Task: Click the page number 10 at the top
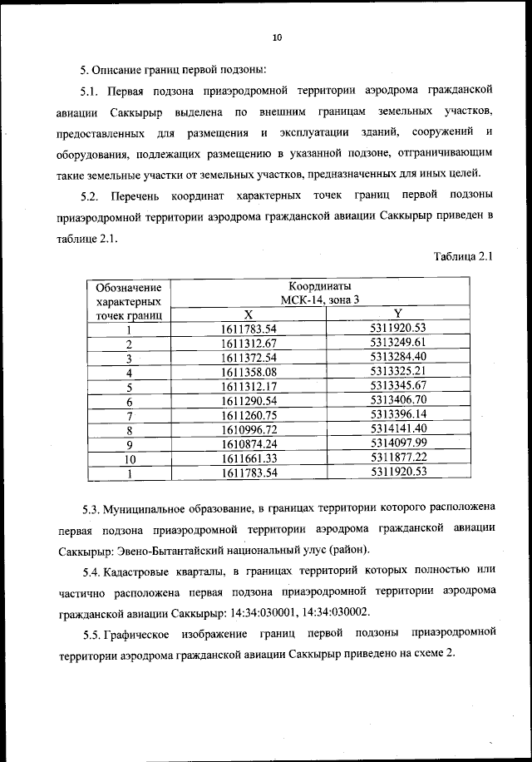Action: pos(278,37)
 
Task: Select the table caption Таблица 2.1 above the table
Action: pos(463,256)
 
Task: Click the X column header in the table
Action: pos(248,314)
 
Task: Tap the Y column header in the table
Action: pos(398,314)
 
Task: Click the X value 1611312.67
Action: pos(248,344)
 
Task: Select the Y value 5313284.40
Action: pos(398,358)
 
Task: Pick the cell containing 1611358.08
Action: pos(248,372)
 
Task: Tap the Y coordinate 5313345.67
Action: pos(398,387)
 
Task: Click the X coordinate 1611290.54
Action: pos(248,401)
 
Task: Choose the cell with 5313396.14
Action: pos(398,415)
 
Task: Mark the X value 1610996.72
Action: pos(248,430)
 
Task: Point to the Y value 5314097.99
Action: pos(398,444)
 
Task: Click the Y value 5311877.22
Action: pos(398,458)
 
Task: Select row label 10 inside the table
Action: pos(130,459)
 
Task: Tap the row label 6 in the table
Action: pos(130,402)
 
